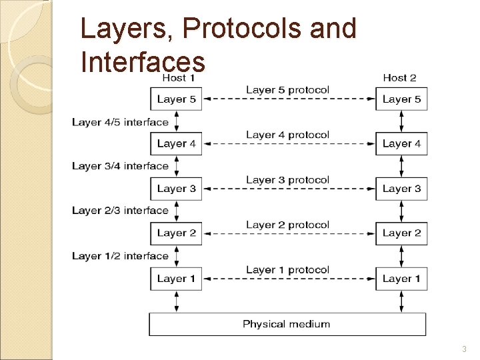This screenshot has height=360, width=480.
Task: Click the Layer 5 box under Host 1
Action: click(177, 99)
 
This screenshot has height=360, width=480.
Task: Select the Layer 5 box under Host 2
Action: click(401, 99)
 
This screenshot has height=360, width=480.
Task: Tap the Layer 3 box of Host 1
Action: click(177, 189)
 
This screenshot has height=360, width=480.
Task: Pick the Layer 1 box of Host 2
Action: click(401, 278)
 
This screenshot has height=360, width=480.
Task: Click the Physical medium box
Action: click(287, 324)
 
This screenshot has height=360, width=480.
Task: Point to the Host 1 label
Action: click(179, 78)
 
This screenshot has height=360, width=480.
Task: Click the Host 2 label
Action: click(399, 78)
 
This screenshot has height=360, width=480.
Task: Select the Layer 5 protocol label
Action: click(287, 89)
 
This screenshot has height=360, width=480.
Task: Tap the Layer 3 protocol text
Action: click(287, 179)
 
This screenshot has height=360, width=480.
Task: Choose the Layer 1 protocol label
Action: click(287, 269)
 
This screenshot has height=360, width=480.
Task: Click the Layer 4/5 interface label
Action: click(120, 122)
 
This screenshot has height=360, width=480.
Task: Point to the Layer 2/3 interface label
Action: click(120, 211)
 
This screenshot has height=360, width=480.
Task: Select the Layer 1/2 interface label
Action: click(120, 256)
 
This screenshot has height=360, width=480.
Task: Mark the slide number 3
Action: click(464, 349)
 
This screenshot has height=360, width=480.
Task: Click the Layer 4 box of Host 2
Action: click(401, 143)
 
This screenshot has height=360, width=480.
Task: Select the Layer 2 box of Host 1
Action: click(177, 233)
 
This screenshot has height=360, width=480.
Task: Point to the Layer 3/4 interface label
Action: click(120, 166)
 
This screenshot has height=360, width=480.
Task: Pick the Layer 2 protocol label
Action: click(287, 225)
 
